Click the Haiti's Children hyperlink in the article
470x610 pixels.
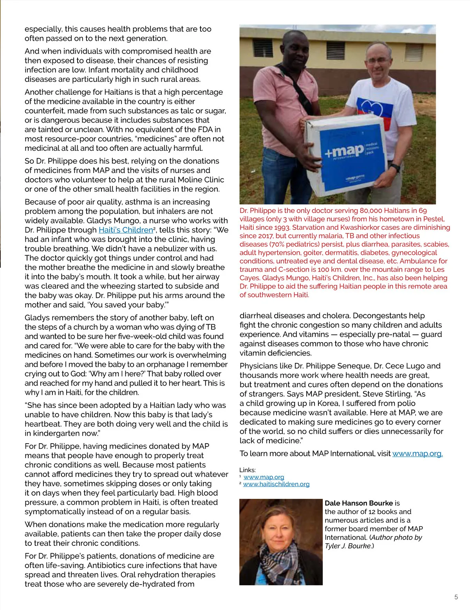pyautogui.click(x=125, y=230)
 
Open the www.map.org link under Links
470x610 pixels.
pyautogui.click(x=264, y=477)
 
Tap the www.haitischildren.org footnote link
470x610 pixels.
pyautogui.click(x=276, y=484)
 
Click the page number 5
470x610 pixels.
pyautogui.click(x=456, y=597)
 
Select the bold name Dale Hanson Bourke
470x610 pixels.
pyautogui.click(x=358, y=503)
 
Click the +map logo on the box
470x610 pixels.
pyautogui.click(x=344, y=151)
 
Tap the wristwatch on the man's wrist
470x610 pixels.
pyautogui.click(x=395, y=168)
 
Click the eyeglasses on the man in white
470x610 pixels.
pyautogui.click(x=378, y=61)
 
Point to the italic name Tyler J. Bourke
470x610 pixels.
pyautogui.click(x=347, y=546)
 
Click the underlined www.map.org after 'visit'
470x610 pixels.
pyautogui.click(x=417, y=454)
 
